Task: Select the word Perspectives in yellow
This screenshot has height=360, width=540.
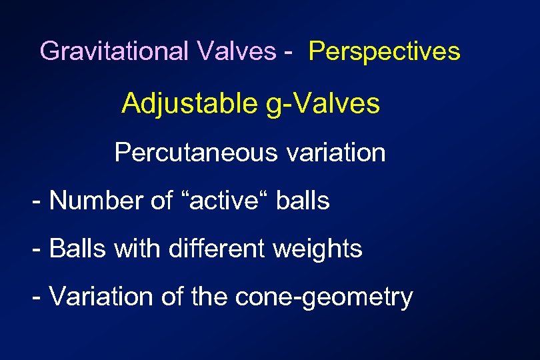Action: tap(384, 51)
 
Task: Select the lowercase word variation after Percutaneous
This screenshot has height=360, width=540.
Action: tap(335, 153)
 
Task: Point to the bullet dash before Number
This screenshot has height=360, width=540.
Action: tap(37, 201)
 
